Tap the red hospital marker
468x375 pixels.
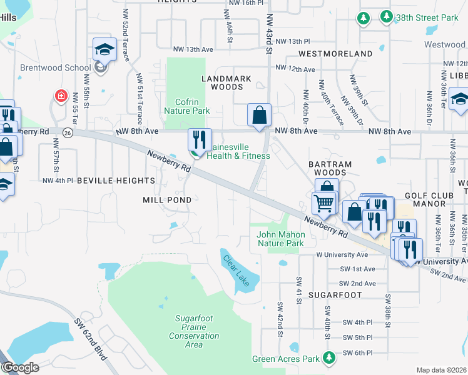(x=61, y=96)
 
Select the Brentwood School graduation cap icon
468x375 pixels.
(x=104, y=50)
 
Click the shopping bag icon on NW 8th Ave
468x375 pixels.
(x=259, y=116)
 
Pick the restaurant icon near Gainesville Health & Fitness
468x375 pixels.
(x=200, y=139)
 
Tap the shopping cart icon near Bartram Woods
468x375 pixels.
(x=323, y=203)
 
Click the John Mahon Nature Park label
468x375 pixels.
(x=280, y=239)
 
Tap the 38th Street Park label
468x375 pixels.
(x=427, y=18)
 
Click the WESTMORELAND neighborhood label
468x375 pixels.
(x=335, y=54)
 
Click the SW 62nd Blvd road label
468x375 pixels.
(x=91, y=342)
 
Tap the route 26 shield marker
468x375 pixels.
(x=68, y=132)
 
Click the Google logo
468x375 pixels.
(x=20, y=367)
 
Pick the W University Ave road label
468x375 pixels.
(x=342, y=255)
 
